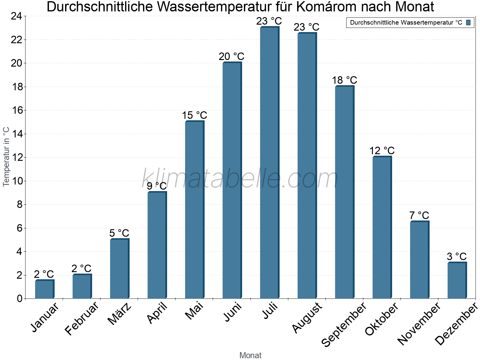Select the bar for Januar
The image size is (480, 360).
44,289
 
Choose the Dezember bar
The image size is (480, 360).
457,280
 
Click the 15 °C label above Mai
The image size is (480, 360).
194,115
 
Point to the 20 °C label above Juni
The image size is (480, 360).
232,56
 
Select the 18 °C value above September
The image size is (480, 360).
344,80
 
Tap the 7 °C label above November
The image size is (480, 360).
419,215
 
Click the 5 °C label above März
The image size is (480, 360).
119,233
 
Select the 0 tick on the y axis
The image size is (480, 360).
19,298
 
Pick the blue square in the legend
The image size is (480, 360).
468,22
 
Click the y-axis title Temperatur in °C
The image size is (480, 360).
6,157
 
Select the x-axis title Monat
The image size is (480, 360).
250,355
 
